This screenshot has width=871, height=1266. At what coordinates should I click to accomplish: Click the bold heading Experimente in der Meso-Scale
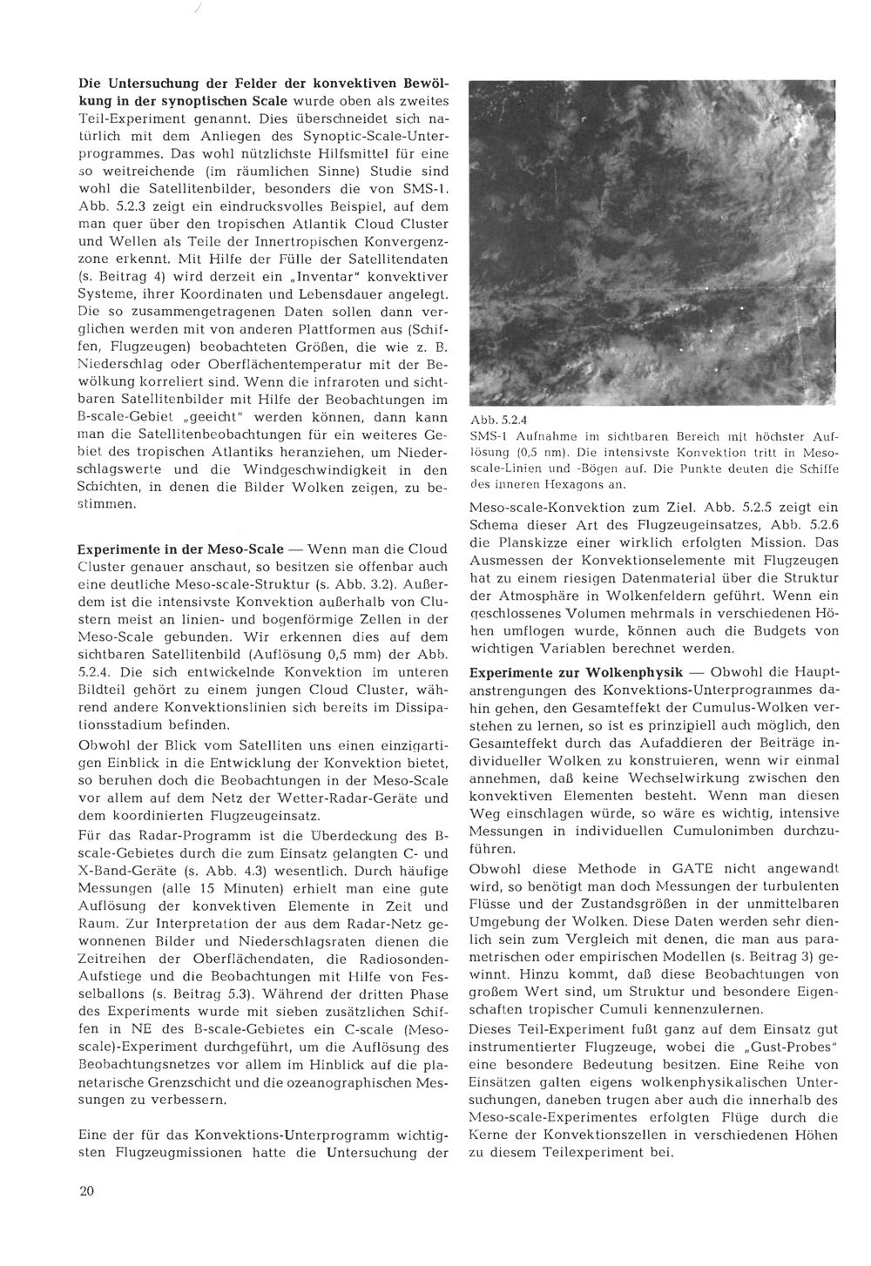[x=180, y=550]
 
